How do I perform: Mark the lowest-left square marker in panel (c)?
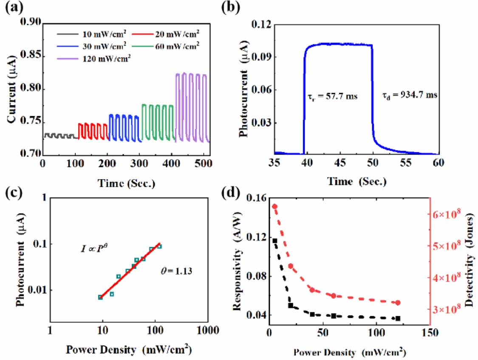click(100, 297)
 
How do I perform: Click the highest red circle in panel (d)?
click(274, 207)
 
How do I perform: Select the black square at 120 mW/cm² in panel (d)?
click(398, 318)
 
